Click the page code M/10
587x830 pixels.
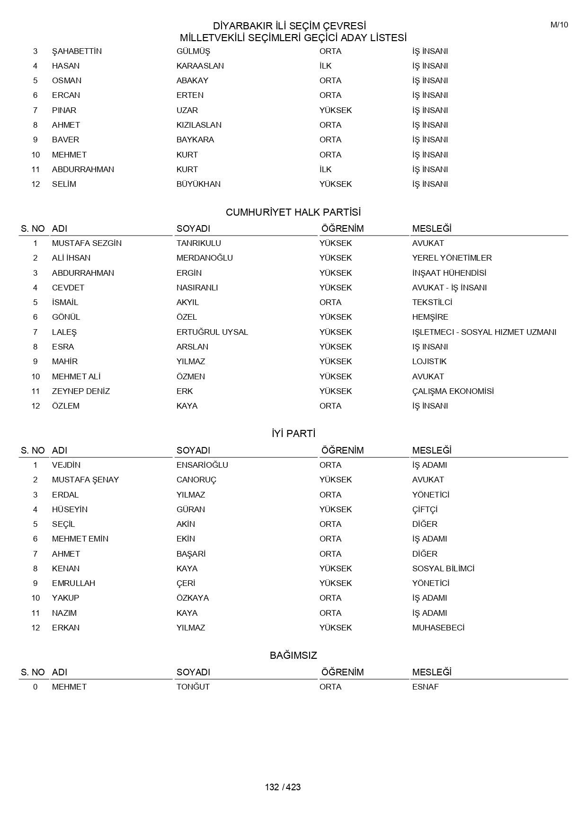(559, 25)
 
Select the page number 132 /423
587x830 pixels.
(283, 787)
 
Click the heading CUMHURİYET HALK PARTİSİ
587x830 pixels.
(293, 212)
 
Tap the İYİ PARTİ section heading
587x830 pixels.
(293, 434)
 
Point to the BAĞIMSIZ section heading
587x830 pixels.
(293, 655)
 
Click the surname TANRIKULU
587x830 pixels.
(198, 243)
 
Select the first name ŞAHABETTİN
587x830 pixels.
(77, 51)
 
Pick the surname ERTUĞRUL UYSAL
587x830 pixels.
(212, 332)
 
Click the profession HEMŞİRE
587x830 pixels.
(430, 317)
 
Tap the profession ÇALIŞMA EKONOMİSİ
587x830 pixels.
(453, 391)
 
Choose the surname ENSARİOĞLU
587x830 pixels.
(202, 465)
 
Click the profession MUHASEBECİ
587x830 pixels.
(438, 628)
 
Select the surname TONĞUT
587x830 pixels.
(193, 687)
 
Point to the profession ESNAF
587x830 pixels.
(425, 687)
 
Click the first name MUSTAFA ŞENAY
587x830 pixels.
(85, 480)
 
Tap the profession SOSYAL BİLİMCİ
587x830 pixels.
(443, 568)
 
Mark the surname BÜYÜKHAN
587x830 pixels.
(198, 184)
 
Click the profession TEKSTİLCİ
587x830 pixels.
(432, 302)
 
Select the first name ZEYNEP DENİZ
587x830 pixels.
(80, 391)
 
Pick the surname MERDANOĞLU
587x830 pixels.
(205, 258)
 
